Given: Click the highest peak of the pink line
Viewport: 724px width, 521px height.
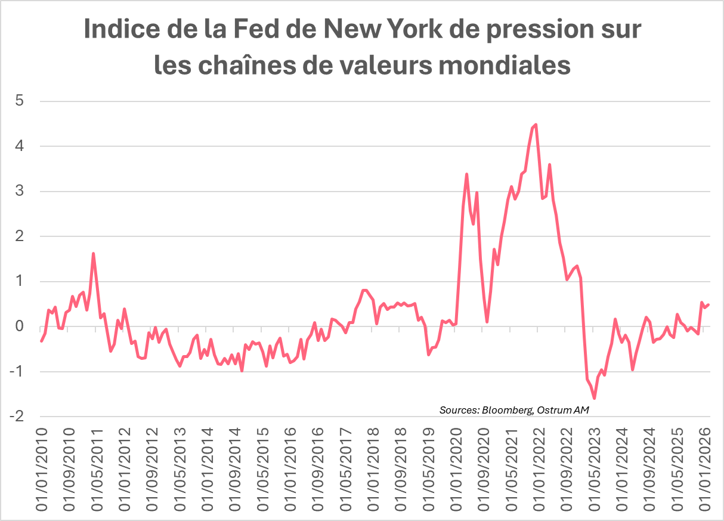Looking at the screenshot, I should coord(536,124).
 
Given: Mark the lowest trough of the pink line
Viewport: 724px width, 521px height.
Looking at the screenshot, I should coord(594,398).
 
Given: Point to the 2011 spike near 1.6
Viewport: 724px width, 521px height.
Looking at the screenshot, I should coord(94,254).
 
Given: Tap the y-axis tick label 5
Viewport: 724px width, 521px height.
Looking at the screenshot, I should coord(19,101).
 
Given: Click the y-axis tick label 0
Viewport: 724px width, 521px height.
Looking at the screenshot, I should coord(19,326).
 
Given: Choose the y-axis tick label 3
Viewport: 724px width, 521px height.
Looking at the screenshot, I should coord(19,191).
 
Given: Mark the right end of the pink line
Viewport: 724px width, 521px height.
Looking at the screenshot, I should coord(708,304).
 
